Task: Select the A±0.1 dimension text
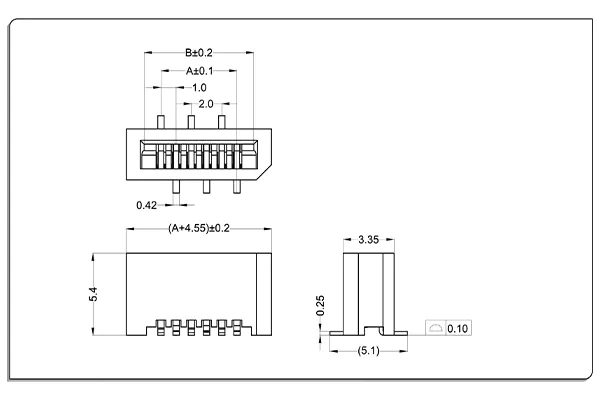point(198,71)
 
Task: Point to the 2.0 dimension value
point(205,104)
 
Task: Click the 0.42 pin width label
point(146,206)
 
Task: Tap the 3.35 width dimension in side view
point(368,240)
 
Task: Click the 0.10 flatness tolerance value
point(459,328)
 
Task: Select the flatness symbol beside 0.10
point(435,328)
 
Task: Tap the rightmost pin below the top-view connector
point(237,186)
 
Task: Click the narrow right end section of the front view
point(264,294)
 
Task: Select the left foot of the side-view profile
point(341,329)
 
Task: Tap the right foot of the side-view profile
point(398,329)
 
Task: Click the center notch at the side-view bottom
point(369,329)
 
